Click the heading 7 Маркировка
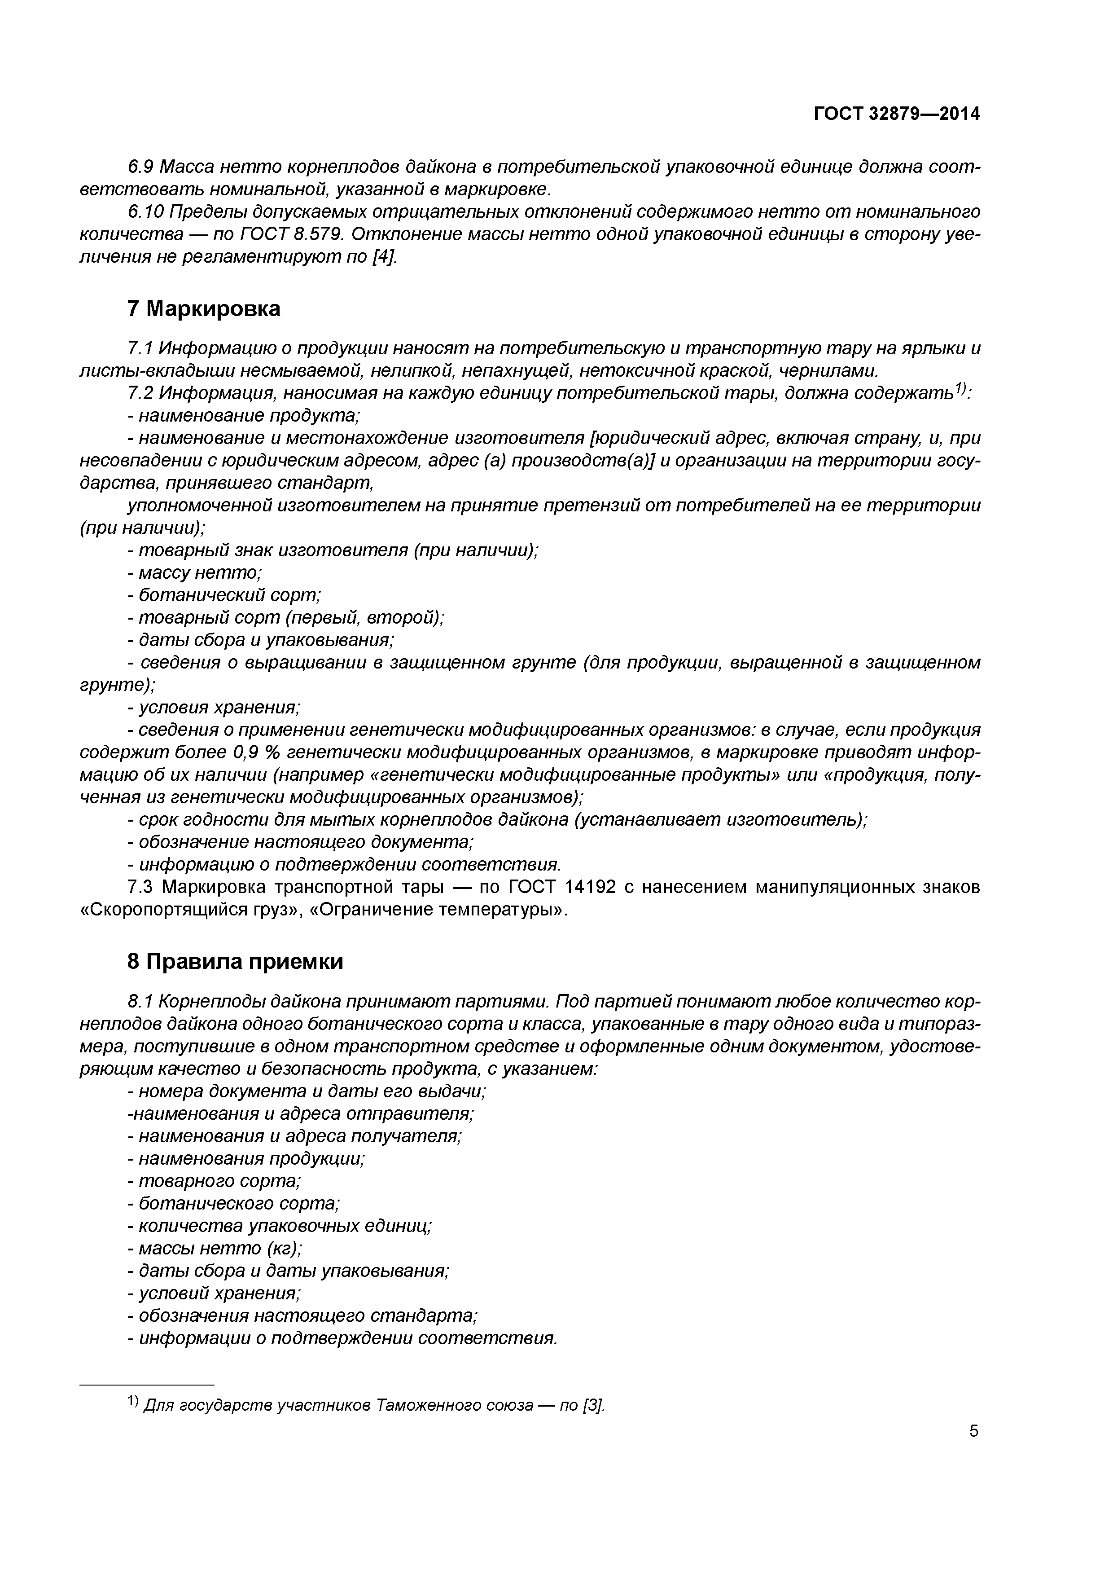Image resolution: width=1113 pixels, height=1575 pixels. point(204,309)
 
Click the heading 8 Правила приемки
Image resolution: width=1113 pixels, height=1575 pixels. point(235,962)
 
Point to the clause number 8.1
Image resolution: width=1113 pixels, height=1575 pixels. point(141,1002)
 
